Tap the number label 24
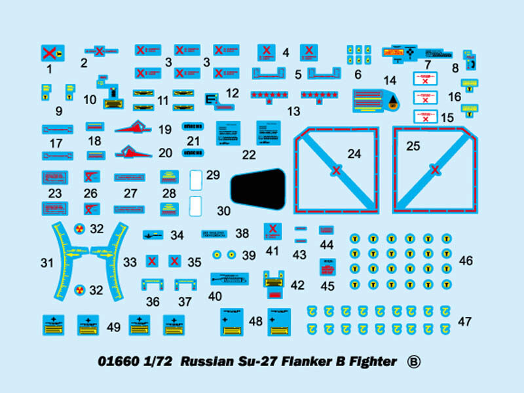pos(354,154)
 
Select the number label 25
pos(413,146)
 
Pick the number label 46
pos(466,261)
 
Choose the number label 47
pos(465,322)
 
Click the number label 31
pos(47,263)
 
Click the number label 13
pos(293,111)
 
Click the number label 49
pos(113,327)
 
